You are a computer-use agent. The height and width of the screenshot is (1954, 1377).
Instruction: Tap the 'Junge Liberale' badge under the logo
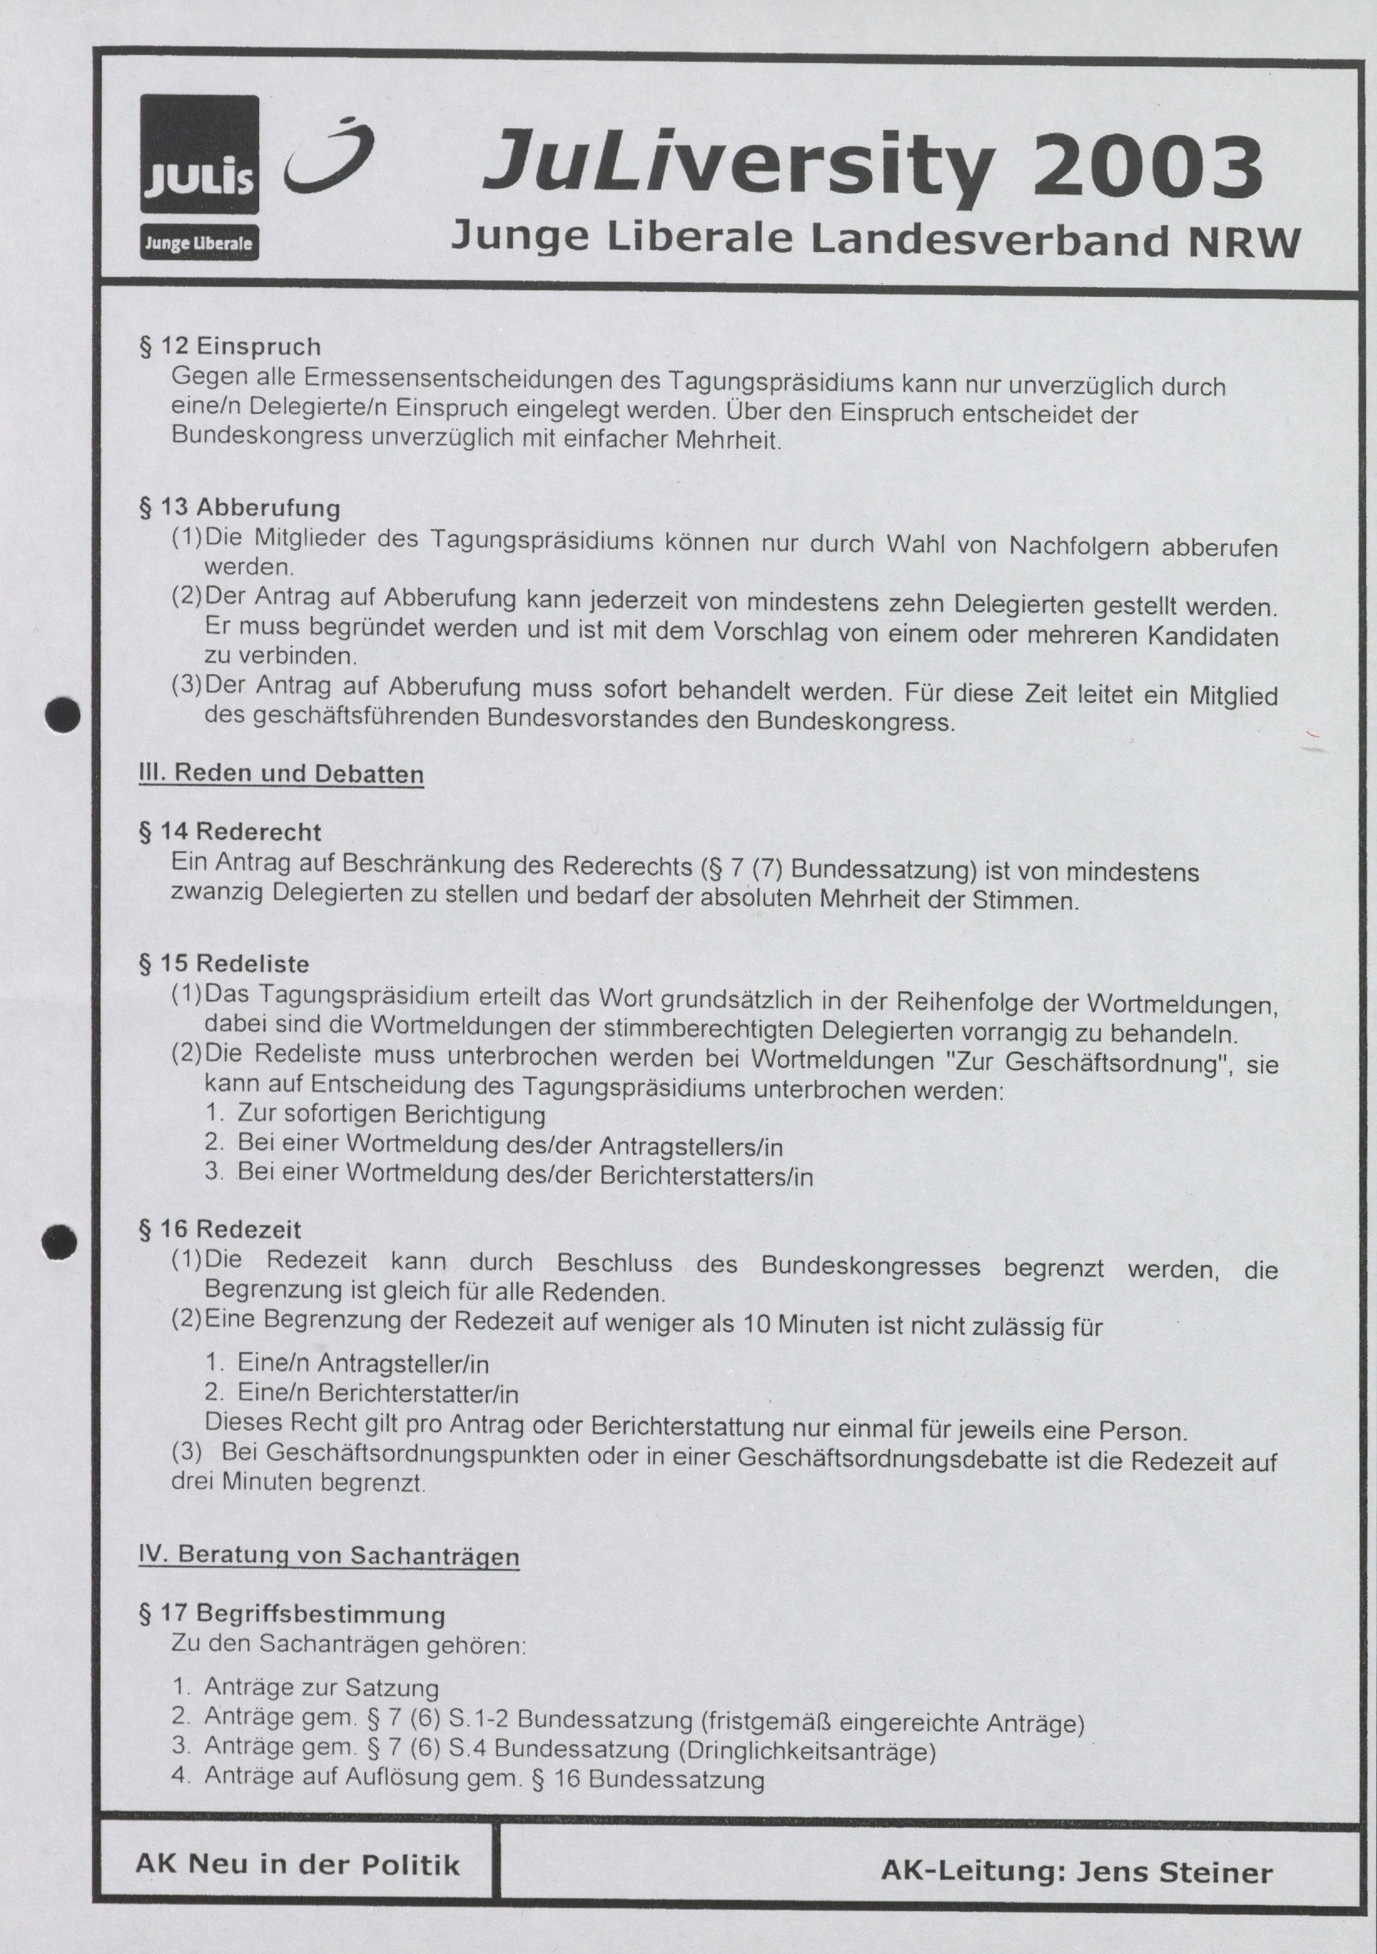coord(199,243)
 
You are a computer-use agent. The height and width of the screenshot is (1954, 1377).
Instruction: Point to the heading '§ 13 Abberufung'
coord(239,508)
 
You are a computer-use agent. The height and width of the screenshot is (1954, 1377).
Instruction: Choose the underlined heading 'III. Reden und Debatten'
coord(281,775)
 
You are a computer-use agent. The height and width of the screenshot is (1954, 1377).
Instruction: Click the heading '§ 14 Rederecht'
coord(230,831)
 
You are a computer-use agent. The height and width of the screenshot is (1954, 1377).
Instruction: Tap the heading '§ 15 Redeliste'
coord(224,964)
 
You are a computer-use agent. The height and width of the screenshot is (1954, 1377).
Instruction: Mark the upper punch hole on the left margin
coord(62,715)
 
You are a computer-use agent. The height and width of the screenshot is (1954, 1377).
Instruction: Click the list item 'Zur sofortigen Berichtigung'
coord(391,1114)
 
